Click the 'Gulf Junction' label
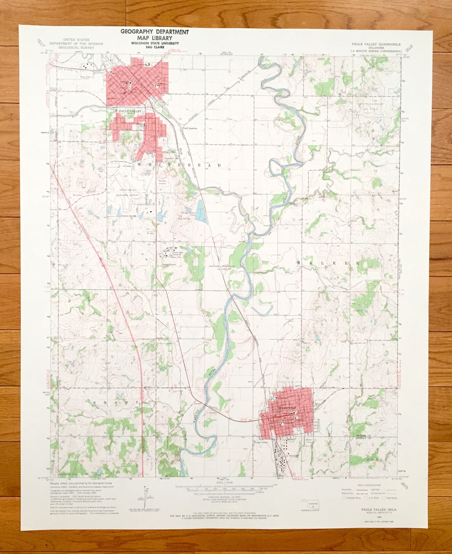click(x=190, y=128)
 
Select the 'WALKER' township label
click(x=328, y=263)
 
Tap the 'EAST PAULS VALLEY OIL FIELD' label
click(x=371, y=105)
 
